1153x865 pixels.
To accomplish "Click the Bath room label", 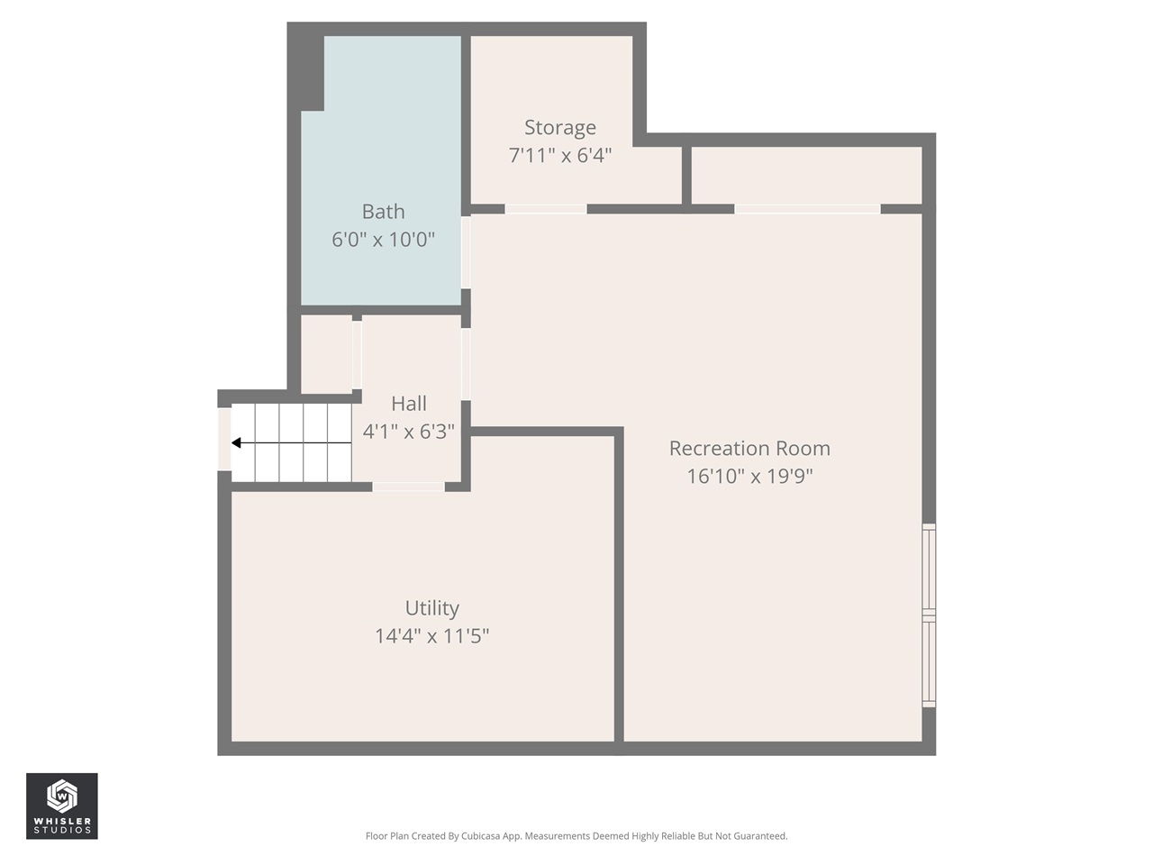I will click(x=383, y=212).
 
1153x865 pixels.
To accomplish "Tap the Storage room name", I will click(x=559, y=128).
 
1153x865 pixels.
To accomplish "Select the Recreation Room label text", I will click(x=749, y=449).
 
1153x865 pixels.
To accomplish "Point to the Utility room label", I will click(x=431, y=608).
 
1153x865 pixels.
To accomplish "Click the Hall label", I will click(x=409, y=404).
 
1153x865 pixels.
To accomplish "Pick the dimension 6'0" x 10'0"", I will click(x=383, y=240).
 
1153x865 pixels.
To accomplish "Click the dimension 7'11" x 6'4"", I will click(x=559, y=156).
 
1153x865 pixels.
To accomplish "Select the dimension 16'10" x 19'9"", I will click(x=749, y=476).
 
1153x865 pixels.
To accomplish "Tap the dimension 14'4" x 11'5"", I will click(x=431, y=636).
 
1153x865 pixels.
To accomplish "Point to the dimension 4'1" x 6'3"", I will click(x=409, y=432).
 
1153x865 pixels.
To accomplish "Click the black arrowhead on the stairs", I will click(x=237, y=442).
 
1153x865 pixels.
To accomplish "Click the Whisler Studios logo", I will click(x=61, y=806).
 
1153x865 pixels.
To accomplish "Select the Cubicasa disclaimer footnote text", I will click(x=576, y=836).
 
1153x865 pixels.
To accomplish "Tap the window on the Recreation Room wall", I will click(x=929, y=615).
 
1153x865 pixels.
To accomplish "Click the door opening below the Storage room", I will click(x=545, y=209).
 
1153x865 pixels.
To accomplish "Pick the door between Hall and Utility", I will click(x=408, y=487).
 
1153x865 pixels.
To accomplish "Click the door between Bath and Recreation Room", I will click(x=466, y=252).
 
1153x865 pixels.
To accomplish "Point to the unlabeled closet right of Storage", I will click(x=806, y=176).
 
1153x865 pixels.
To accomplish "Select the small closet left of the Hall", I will click(x=325, y=353).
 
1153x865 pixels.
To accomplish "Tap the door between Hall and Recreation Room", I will click(x=466, y=364).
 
